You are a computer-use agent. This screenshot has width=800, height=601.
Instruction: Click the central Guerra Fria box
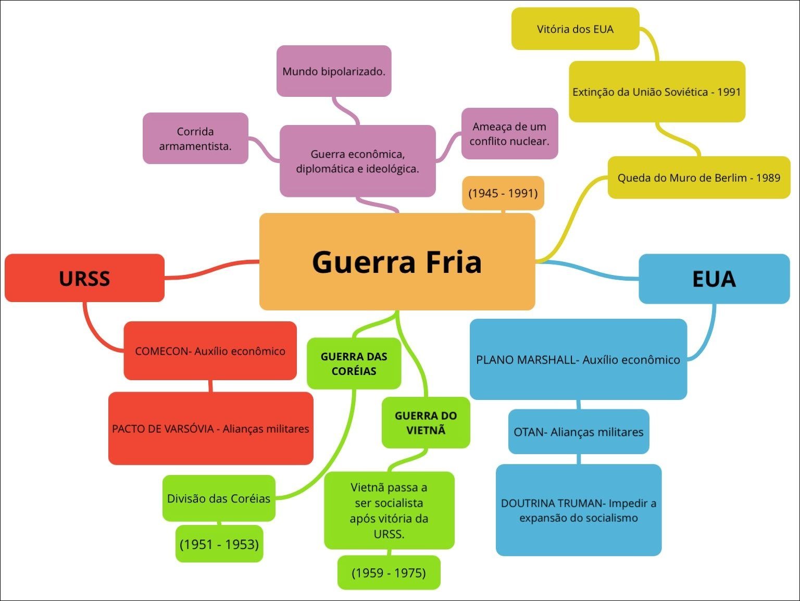[397, 261]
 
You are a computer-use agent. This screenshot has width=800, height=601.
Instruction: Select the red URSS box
[84, 278]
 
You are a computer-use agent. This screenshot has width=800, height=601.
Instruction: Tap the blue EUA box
[714, 279]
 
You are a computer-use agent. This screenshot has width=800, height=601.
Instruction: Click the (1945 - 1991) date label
[503, 193]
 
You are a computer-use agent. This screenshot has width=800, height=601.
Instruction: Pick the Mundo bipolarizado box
[334, 71]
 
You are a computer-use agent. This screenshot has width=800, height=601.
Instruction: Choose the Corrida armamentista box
[195, 139]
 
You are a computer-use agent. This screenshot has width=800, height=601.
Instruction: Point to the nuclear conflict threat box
[509, 134]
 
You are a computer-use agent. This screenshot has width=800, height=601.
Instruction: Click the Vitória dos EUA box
[575, 29]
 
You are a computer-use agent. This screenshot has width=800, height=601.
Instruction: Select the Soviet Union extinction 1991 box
[656, 92]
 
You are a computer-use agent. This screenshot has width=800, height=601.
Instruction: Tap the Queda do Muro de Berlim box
[698, 178]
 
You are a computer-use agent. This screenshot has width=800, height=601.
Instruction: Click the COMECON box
[210, 351]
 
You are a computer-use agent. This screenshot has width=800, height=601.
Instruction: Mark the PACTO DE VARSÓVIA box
[210, 429]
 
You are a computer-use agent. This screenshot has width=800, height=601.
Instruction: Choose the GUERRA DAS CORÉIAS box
[354, 364]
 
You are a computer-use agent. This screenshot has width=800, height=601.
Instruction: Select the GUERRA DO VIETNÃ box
[426, 423]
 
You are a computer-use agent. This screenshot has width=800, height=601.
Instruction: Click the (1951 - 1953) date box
[219, 544]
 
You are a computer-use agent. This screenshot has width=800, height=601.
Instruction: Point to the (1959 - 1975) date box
[389, 573]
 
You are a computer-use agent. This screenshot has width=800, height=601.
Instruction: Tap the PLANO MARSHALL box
[578, 359]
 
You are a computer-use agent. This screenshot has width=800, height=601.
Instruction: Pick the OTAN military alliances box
[578, 432]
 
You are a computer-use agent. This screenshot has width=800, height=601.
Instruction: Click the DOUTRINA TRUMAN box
[578, 510]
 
